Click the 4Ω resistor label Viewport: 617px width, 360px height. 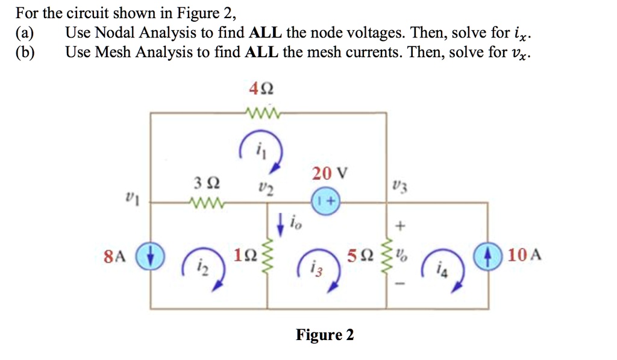tap(261, 89)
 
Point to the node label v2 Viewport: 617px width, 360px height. tap(262, 188)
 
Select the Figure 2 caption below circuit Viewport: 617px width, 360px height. tap(325, 335)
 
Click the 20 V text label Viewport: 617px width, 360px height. tap(330, 174)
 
